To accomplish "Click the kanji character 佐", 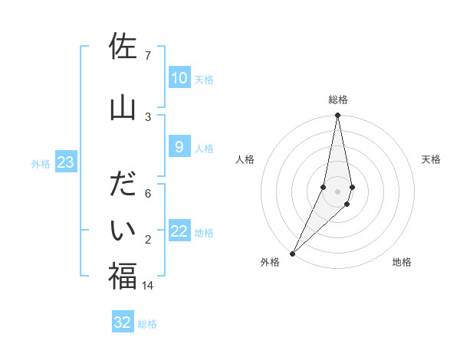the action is pyautogui.click(x=123, y=47).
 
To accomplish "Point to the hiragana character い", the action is pyautogui.click(x=123, y=232).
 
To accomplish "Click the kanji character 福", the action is pyautogui.click(x=123, y=276).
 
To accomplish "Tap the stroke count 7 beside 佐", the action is pyautogui.click(x=147, y=55).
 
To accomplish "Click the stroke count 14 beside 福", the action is pyautogui.click(x=148, y=285).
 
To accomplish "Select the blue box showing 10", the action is pyautogui.click(x=179, y=78).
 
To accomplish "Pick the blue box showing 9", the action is pyautogui.click(x=179, y=147).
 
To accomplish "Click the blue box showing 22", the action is pyautogui.click(x=179, y=231).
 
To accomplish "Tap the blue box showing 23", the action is pyautogui.click(x=65, y=162).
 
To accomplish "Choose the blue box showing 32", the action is pyautogui.click(x=123, y=322).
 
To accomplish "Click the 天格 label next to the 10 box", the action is pyautogui.click(x=203, y=80).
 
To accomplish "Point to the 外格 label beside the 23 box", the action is pyautogui.click(x=41, y=163).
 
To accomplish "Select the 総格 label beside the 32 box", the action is pyautogui.click(x=147, y=324).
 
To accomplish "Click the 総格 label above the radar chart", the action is pyautogui.click(x=337, y=100).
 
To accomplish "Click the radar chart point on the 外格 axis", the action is pyautogui.click(x=293, y=253).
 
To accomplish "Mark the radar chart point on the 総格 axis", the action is pyautogui.click(x=337, y=116).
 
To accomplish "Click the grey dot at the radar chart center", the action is pyautogui.click(x=337, y=191).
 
